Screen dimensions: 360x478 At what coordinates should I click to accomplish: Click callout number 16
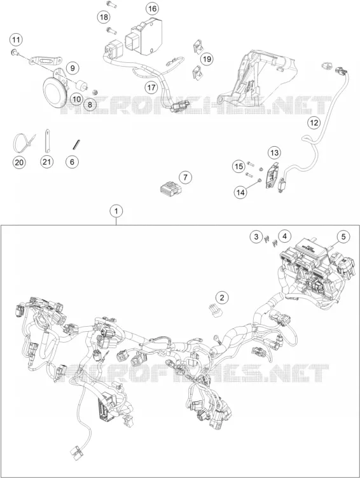coord(152,8)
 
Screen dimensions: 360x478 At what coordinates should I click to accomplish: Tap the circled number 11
coord(16,39)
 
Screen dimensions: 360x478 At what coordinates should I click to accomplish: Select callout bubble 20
coord(19,163)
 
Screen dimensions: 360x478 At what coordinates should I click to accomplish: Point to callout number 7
coord(186,177)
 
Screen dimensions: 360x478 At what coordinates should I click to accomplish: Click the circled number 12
coord(314,123)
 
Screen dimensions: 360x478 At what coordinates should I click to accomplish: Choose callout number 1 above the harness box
coord(116,211)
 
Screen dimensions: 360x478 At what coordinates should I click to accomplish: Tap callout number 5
coord(343,236)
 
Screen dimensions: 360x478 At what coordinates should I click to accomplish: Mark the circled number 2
coord(222,297)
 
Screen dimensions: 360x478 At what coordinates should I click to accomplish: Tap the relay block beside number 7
coord(170,188)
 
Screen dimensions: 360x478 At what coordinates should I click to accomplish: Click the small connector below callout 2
coord(215,310)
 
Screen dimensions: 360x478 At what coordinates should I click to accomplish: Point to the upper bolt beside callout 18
coord(110,4)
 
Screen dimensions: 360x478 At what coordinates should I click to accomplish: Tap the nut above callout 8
coord(95,92)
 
